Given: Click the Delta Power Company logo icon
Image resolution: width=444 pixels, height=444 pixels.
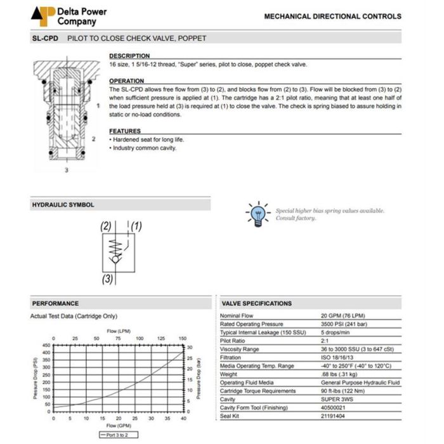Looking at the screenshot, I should tap(42, 16).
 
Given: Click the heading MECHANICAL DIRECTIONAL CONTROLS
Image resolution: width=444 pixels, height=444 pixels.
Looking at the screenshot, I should tap(332, 16).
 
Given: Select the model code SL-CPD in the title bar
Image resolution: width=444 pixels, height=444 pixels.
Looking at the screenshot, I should tap(45, 38).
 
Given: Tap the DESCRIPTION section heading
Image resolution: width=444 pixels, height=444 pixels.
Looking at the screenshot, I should tap(129, 56).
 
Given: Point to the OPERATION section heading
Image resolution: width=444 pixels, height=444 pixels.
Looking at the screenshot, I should tap(127, 81).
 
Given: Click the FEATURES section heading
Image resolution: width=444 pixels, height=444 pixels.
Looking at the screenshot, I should tap(125, 131).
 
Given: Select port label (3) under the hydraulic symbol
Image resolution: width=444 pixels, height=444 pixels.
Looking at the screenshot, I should tap(108, 278).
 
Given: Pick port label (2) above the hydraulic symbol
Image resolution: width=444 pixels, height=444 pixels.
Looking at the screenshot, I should tap(105, 226).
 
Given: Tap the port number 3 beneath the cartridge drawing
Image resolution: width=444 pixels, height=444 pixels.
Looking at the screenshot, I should tap(67, 170).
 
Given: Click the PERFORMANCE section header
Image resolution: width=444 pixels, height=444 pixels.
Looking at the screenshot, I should tap(56, 303).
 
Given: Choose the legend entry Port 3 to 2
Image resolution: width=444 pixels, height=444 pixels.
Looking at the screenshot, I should tap(118, 434).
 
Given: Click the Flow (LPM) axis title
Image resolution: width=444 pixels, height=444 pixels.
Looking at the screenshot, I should tap(119, 331).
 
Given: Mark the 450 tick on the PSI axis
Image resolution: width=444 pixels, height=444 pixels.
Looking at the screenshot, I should tap(46, 345).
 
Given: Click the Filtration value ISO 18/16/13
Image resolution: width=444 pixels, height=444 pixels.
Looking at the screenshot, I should tap(337, 357).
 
